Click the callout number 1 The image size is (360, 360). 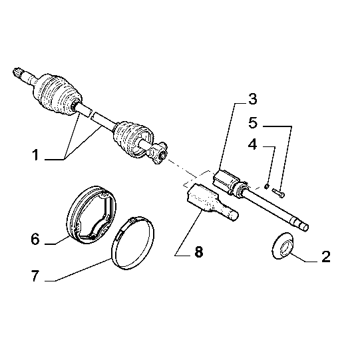pyautogui.click(x=35, y=155)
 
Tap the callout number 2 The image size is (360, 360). pyautogui.click(x=326, y=256)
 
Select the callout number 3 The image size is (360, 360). pyautogui.click(x=253, y=99)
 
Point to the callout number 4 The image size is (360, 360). pyautogui.click(x=253, y=144)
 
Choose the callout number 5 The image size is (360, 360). pyautogui.click(x=253, y=123)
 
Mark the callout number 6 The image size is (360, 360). pyautogui.click(x=35, y=239)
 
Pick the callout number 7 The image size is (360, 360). pyautogui.click(x=35, y=275)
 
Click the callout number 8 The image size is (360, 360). pyautogui.click(x=199, y=252)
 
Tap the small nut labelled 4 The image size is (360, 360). pyautogui.click(x=266, y=186)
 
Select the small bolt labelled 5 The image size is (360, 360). pyautogui.click(x=279, y=192)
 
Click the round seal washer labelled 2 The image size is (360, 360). pyautogui.click(x=282, y=246)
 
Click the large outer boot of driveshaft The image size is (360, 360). pyautogui.click(x=57, y=94)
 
